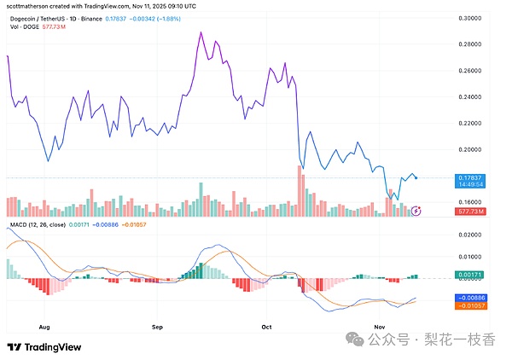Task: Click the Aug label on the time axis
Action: point(45,326)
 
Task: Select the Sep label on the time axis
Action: point(156,326)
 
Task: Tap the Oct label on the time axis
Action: point(266,326)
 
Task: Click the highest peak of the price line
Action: point(200,32)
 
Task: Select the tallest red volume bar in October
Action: point(300,190)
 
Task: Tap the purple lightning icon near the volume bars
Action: point(416,210)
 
